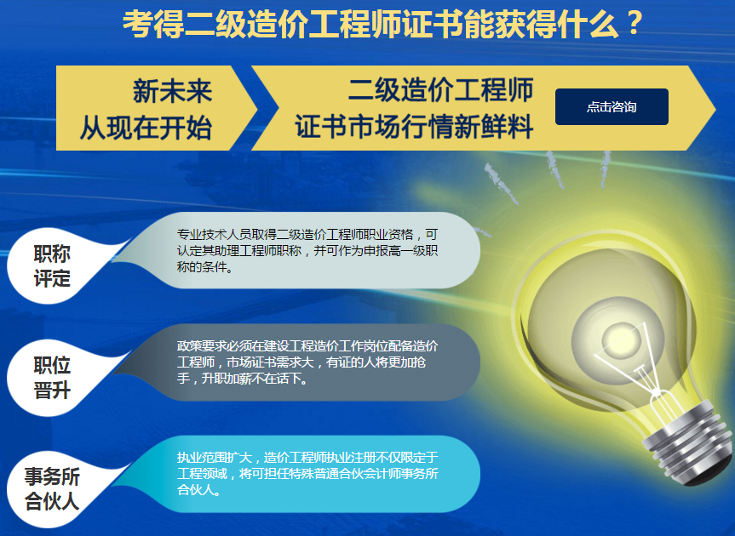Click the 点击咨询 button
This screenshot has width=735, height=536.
click(x=612, y=106)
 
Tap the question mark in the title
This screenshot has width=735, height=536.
click(x=634, y=24)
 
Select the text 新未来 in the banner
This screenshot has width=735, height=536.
click(x=173, y=91)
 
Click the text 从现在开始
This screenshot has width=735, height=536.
click(x=146, y=128)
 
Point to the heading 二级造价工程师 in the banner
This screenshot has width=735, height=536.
click(x=440, y=89)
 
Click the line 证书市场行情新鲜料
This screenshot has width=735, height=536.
click(x=414, y=127)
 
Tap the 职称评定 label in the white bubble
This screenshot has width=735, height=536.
click(x=52, y=266)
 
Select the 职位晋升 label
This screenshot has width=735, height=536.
click(x=52, y=377)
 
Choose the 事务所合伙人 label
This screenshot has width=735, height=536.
click(x=52, y=488)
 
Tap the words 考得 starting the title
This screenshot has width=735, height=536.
click(x=153, y=24)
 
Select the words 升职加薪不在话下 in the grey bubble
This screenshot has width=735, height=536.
click(x=255, y=379)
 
